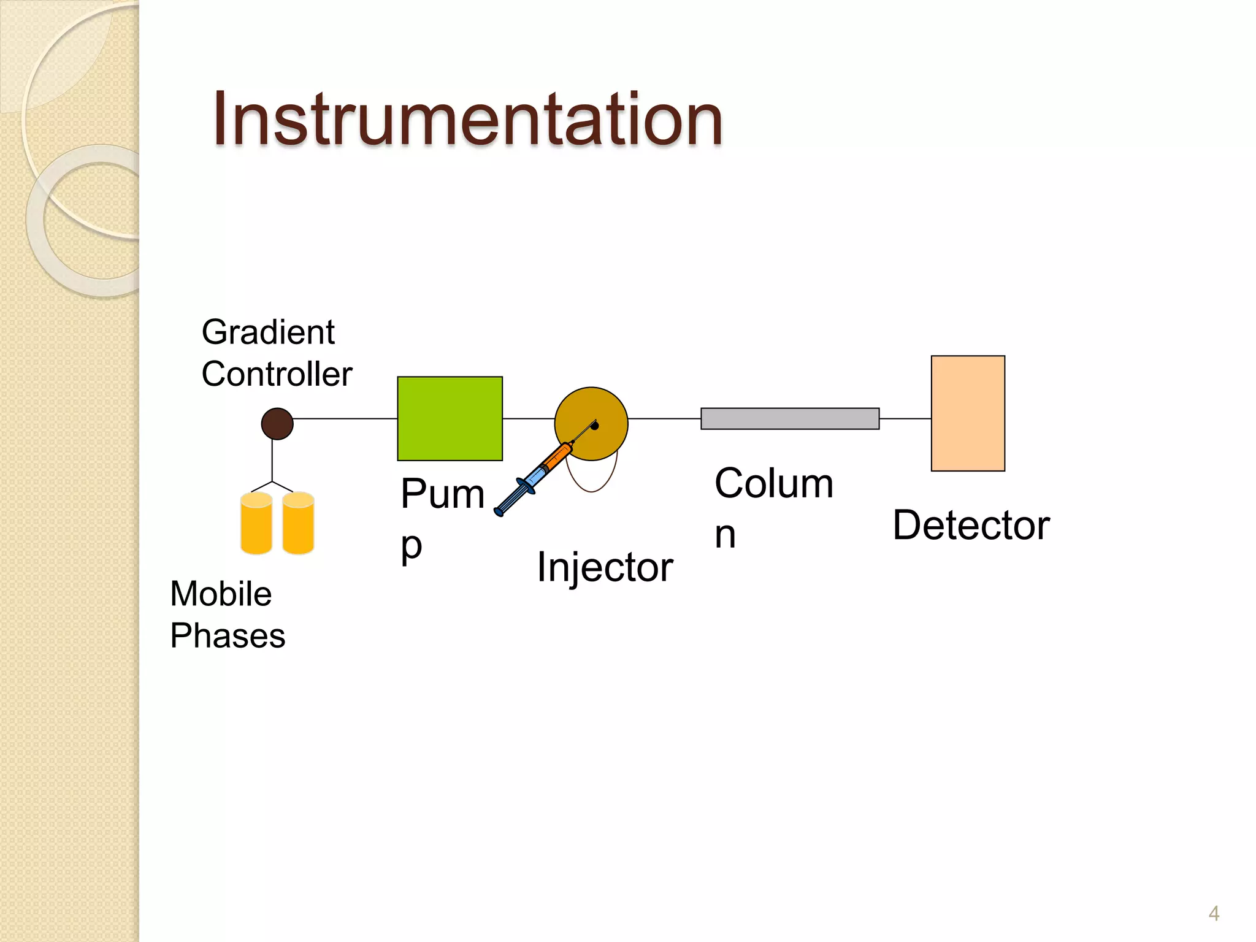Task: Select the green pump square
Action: tap(450, 419)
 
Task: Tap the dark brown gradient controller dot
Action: tap(277, 424)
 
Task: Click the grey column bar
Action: tap(790, 419)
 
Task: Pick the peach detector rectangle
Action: tap(968, 413)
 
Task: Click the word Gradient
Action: tap(268, 332)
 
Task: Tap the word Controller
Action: tap(277, 374)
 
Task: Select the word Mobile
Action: tap(221, 594)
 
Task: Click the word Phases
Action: tap(228, 635)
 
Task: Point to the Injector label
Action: tap(605, 567)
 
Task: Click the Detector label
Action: tap(971, 526)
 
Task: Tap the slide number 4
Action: tap(1214, 914)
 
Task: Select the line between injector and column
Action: tap(664, 419)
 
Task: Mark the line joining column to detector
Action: tap(905, 419)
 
